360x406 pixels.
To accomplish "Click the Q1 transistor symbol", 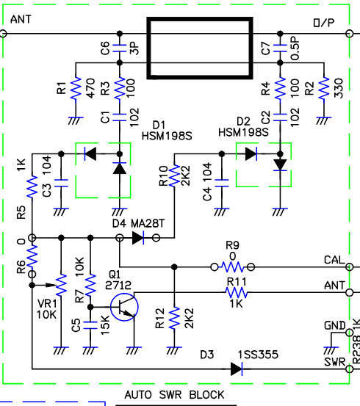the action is click(x=124, y=307).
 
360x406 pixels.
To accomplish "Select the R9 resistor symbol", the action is click(x=232, y=267).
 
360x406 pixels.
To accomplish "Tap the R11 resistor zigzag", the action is click(x=237, y=293).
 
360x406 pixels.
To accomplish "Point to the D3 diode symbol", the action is click(x=237, y=369).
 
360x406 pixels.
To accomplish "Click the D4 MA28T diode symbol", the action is click(x=138, y=238).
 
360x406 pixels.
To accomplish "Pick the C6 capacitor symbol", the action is click(x=120, y=48).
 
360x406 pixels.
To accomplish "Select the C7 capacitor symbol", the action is click(x=280, y=48).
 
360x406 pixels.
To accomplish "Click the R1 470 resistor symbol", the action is click(x=76, y=88).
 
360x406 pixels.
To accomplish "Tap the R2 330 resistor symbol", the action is click(x=324, y=88).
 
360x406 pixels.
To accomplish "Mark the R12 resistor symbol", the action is click(x=174, y=318).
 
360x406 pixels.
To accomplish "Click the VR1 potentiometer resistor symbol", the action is click(x=61, y=286).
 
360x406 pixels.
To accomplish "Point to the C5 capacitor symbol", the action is click(x=90, y=325).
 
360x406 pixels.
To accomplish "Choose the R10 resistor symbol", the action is click(x=174, y=175).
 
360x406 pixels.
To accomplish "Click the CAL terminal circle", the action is click(x=350, y=267).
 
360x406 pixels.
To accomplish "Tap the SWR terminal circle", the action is click(x=350, y=369).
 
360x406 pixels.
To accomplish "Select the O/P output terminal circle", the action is click(x=350, y=34).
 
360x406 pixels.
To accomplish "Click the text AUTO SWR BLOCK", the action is click(x=174, y=395).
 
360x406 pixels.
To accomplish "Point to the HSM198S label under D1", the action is click(x=167, y=136).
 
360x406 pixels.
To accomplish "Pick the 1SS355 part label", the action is click(x=258, y=355).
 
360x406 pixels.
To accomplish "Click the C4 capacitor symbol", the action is click(x=222, y=183).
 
